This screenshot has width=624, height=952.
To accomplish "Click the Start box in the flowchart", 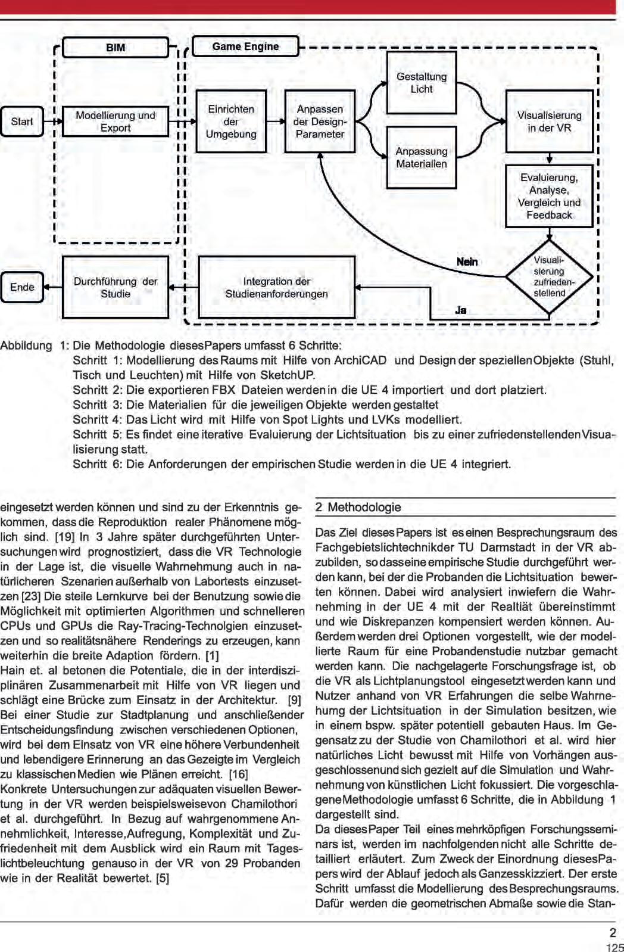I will [x=22, y=122].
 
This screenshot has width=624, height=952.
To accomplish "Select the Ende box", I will [x=22, y=287].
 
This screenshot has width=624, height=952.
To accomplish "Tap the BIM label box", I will [x=116, y=48].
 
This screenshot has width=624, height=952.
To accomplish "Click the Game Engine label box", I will [x=245, y=46].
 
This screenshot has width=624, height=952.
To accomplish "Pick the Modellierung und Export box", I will [x=116, y=122].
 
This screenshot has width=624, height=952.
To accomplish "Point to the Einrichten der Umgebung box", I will [x=231, y=122].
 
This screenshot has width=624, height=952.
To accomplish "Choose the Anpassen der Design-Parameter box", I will [x=320, y=122].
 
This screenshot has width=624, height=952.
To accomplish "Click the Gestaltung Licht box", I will [x=422, y=83].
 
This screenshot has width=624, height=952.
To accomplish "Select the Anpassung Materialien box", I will [x=422, y=157].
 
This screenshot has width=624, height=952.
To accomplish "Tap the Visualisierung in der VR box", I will [x=549, y=122].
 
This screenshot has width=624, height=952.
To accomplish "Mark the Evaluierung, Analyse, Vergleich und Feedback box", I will [x=549, y=196].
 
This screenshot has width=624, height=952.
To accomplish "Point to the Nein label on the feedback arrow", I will [x=467, y=262].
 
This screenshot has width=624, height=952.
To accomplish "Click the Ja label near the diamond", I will [x=460, y=310].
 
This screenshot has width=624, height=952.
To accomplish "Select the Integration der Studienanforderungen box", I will [x=276, y=287].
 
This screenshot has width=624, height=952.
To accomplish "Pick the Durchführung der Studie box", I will [x=116, y=287].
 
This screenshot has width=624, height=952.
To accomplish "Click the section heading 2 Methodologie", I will [x=358, y=508].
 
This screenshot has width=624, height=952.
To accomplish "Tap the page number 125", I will [x=614, y=947].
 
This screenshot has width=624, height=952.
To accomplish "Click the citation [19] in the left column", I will [x=64, y=537].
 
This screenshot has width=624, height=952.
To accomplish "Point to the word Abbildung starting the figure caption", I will [x=26, y=346].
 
